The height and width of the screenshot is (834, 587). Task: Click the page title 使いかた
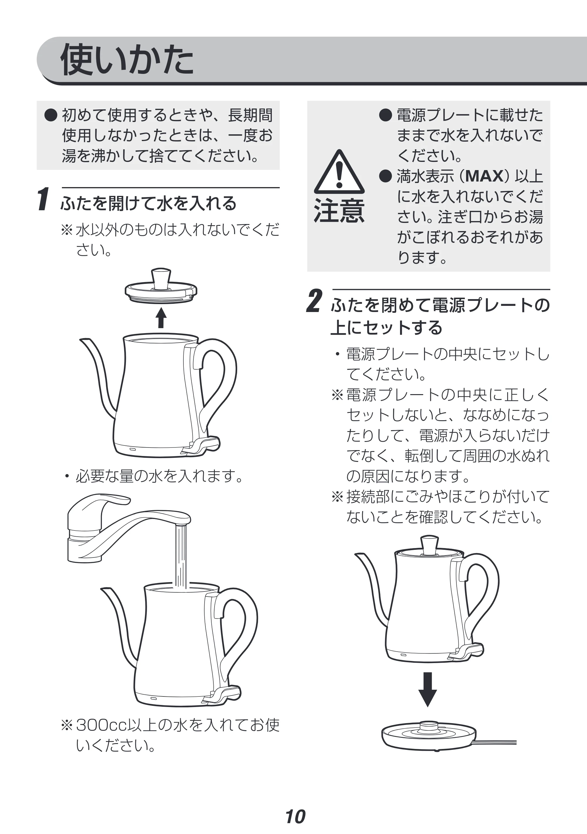coord(127,60)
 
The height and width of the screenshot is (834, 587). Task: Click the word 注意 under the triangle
coord(339,211)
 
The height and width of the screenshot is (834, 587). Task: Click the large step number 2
coord(314,301)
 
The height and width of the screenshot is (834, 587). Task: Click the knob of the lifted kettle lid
coord(161,278)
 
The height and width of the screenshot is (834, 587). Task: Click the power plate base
coord(429,735)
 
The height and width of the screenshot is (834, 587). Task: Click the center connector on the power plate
coord(429,727)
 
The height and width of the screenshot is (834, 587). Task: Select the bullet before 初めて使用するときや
coord(51,115)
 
